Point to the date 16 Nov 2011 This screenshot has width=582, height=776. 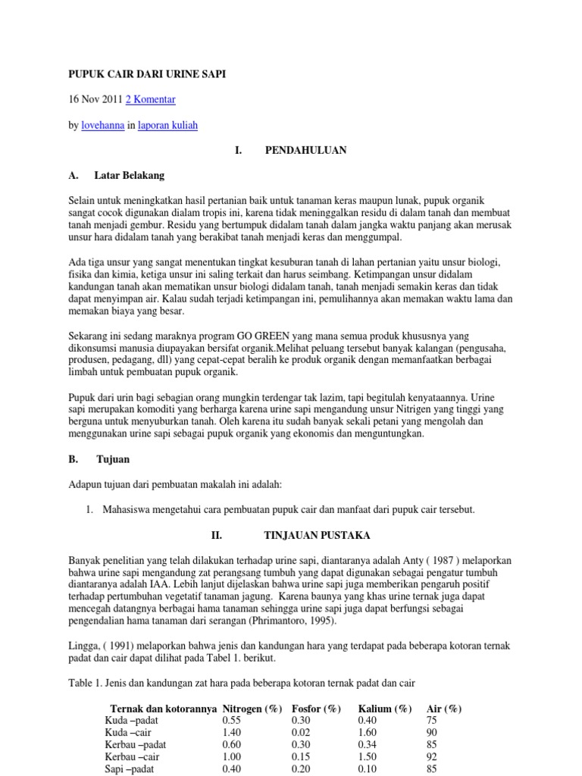[x=95, y=99]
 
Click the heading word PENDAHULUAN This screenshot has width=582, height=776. [x=305, y=150]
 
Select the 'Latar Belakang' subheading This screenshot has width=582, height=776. [x=130, y=175]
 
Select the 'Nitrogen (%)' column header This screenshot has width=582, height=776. [x=252, y=709]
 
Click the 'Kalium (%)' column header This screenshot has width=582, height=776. [x=385, y=709]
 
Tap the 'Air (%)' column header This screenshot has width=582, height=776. [x=445, y=709]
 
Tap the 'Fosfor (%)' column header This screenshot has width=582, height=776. [x=316, y=709]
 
